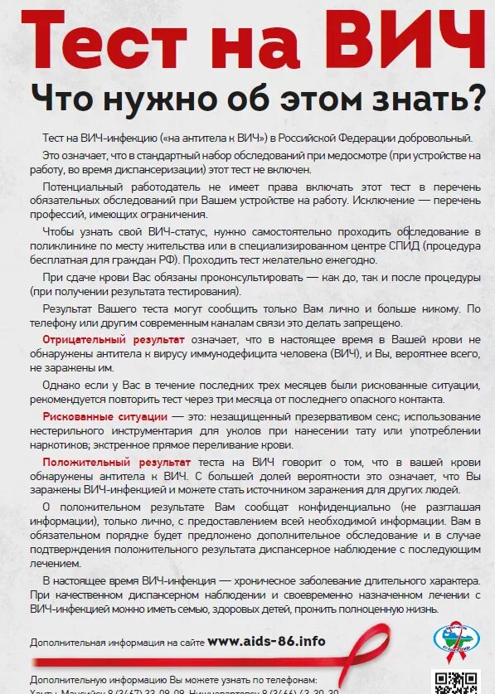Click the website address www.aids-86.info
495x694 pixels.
point(266,641)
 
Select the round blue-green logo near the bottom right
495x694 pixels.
point(456,639)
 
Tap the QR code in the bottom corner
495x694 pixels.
point(456,681)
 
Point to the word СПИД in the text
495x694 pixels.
point(409,247)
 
